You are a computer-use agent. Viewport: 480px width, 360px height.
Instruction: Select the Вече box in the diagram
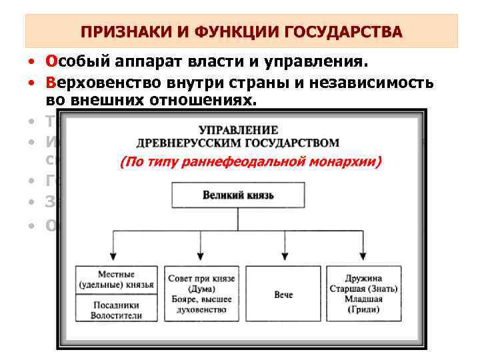tap(283, 294)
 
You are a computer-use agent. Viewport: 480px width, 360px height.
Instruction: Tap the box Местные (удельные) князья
tap(115, 279)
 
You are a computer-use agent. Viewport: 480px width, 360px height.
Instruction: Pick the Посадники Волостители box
tap(115, 309)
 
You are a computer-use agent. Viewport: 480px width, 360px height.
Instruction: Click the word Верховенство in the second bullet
tap(92, 83)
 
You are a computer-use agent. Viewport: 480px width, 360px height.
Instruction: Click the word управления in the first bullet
tap(323, 62)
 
